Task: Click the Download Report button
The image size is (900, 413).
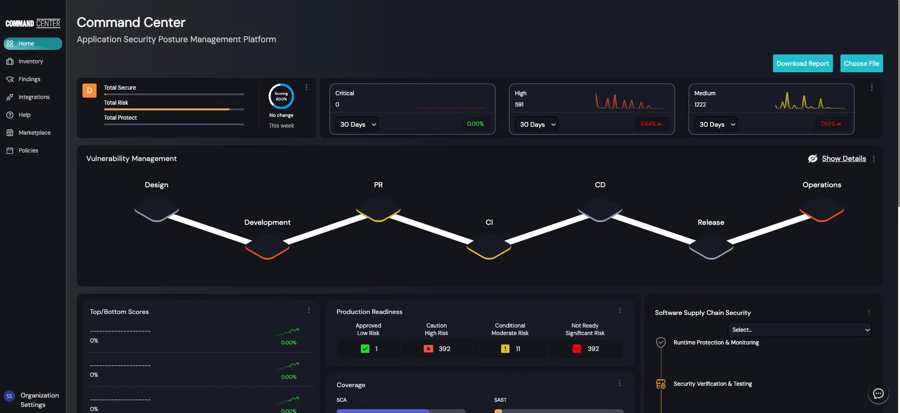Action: click(802, 63)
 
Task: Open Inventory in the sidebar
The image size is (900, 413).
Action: click(30, 61)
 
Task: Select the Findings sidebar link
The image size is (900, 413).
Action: click(29, 79)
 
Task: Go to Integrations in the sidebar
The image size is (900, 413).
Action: click(34, 97)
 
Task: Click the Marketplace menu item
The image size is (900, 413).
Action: click(34, 133)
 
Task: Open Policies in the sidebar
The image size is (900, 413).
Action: click(28, 151)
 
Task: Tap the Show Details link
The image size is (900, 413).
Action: click(844, 159)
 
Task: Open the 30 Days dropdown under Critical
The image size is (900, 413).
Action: click(357, 124)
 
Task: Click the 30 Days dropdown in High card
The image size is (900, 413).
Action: click(536, 124)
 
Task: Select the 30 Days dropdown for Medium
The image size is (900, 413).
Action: click(716, 124)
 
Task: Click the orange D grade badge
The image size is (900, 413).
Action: click(90, 91)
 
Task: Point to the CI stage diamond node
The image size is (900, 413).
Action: click(489, 245)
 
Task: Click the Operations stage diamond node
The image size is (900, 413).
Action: click(822, 208)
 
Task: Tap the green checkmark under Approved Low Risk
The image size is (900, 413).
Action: click(365, 349)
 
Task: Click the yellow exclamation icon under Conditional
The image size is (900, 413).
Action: click(505, 349)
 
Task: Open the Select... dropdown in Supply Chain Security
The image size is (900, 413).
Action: click(799, 329)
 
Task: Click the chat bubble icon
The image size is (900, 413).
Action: click(878, 394)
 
